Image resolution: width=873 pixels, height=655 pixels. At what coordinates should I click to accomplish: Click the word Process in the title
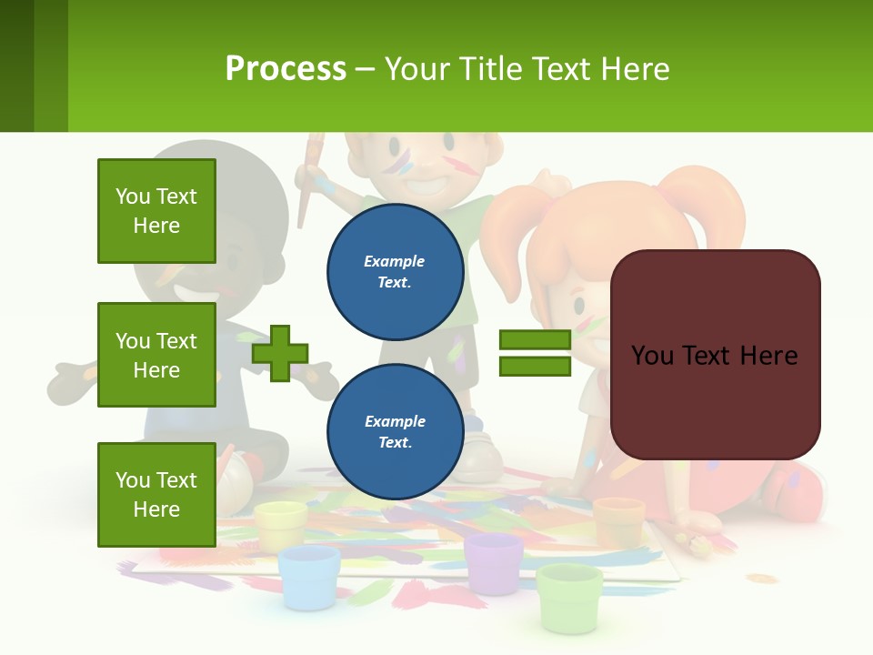point(286,68)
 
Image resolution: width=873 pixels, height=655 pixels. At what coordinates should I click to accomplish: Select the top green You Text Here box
point(156,211)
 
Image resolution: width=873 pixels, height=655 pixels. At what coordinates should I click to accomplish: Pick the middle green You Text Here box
point(156,355)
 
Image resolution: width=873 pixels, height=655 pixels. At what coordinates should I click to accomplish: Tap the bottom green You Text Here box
point(156,494)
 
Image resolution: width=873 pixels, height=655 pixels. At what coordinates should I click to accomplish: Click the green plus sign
point(280,353)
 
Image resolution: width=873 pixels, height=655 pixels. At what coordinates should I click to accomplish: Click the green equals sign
point(535,353)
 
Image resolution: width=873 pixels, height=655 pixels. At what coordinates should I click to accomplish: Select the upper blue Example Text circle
point(395,271)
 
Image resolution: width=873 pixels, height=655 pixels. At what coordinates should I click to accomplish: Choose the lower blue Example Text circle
point(395,431)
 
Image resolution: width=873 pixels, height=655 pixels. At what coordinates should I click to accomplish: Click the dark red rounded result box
point(715,355)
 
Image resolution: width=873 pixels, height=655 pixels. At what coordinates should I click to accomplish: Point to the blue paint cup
point(308,576)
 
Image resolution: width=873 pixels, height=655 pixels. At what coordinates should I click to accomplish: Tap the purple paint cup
point(494,561)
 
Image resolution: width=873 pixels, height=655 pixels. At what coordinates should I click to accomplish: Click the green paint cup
point(569,596)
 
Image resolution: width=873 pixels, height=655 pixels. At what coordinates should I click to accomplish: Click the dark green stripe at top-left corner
point(16,65)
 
